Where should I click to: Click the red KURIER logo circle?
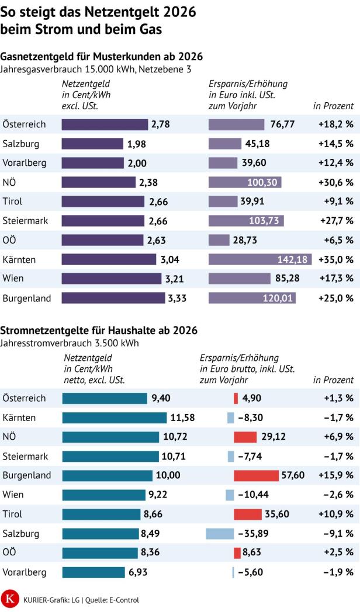point(10,599)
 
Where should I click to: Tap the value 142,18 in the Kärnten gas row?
point(295,259)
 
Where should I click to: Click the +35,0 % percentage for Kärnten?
point(335,259)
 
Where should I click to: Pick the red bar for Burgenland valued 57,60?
point(256,475)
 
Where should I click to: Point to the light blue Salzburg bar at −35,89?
point(220,533)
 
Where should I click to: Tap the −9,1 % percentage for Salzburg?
point(338,533)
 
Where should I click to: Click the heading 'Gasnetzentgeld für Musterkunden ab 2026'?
point(102,57)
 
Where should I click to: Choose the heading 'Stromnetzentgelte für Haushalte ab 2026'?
point(99,331)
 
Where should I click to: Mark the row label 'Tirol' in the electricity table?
point(13,514)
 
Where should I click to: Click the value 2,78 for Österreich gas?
point(161,124)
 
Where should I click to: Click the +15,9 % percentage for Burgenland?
point(335,475)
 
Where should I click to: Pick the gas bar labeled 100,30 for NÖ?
point(245,182)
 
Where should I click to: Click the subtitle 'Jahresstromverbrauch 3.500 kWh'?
point(70,343)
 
